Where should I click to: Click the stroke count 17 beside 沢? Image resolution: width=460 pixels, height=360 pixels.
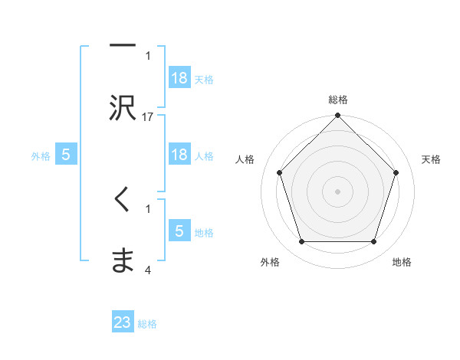[148, 116]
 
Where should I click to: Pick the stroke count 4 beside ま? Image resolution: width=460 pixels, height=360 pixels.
[148, 270]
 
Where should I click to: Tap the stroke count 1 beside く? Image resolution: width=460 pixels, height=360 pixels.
[148, 208]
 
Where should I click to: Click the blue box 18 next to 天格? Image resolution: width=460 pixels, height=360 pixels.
[179, 78]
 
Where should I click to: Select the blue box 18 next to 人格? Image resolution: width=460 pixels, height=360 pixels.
[179, 155]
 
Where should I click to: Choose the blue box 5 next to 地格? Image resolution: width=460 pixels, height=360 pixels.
[179, 231]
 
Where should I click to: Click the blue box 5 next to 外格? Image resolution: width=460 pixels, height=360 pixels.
[66, 155]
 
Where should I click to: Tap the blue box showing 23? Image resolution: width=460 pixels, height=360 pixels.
[123, 322]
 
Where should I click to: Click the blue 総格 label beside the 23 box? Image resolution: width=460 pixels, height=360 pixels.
[147, 324]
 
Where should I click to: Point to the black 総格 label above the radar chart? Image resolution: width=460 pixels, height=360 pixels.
[337, 100]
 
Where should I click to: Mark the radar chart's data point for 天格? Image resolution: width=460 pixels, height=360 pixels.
[396, 172]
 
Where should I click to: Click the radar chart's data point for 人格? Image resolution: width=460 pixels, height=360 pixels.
[279, 172]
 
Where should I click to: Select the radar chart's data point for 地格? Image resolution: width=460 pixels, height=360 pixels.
[373, 242]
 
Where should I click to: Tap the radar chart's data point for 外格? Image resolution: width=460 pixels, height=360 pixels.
[301, 242]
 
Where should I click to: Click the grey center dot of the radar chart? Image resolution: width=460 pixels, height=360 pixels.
[337, 191]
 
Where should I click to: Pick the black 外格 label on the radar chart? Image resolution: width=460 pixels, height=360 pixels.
[270, 262]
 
